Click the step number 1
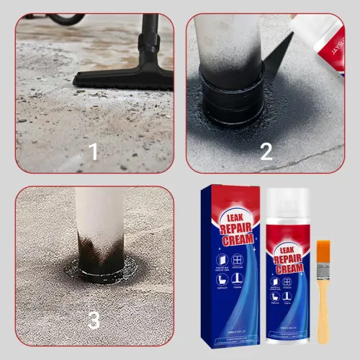(92, 151)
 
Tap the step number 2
(266, 151)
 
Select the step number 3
(94, 319)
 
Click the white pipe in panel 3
(101, 223)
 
